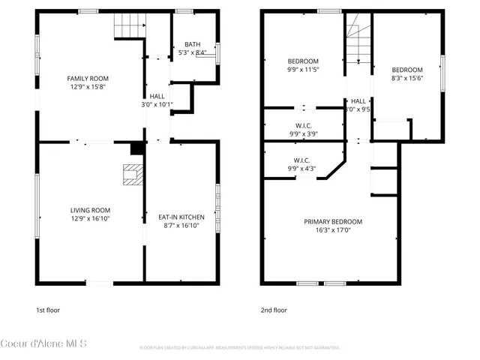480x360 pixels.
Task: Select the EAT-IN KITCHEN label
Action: pyautogui.click(x=181, y=217)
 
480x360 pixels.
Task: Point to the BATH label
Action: pyautogui.click(x=192, y=44)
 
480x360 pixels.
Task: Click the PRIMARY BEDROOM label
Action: pyautogui.click(x=332, y=221)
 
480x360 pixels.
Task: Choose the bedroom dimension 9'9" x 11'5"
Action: pyautogui.click(x=303, y=70)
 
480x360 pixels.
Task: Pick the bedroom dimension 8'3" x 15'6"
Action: pyautogui.click(x=406, y=78)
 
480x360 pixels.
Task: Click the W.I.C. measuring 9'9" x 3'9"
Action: pyautogui.click(x=303, y=134)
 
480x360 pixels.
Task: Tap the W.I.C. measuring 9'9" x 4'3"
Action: pyautogui.click(x=303, y=169)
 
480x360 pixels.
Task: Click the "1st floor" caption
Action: pyautogui.click(x=47, y=309)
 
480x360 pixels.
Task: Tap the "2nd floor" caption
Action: pyautogui.click(x=274, y=309)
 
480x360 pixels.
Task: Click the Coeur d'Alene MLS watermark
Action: pyautogui.click(x=44, y=343)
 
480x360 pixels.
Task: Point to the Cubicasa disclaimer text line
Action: pyautogui.click(x=240, y=348)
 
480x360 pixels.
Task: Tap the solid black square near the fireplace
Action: pyautogui.click(x=136, y=148)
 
